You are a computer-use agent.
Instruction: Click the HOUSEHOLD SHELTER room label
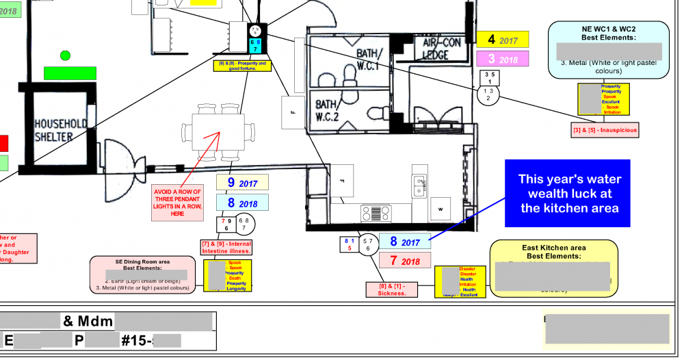tap(61, 130)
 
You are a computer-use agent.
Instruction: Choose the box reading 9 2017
tap(242, 183)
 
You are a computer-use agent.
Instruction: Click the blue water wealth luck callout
tap(570, 194)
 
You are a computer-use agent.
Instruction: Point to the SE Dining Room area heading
tap(142, 262)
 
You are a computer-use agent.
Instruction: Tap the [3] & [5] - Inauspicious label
tap(605, 129)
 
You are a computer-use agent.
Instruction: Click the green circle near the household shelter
tap(65, 55)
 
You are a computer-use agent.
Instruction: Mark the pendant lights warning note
tap(177, 203)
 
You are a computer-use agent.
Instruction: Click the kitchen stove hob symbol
tap(376, 213)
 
